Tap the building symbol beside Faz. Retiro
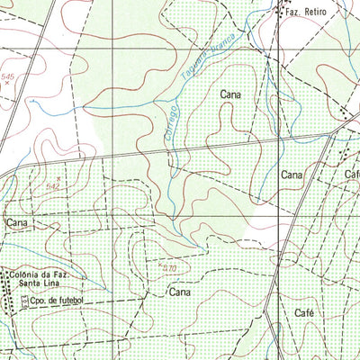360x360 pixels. (x=277, y=12)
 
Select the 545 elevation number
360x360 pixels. (x=9, y=76)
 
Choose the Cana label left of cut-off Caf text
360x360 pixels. (x=291, y=174)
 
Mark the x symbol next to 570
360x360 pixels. (x=158, y=265)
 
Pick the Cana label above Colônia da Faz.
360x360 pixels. (x=17, y=220)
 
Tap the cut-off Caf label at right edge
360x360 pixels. (x=351, y=174)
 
